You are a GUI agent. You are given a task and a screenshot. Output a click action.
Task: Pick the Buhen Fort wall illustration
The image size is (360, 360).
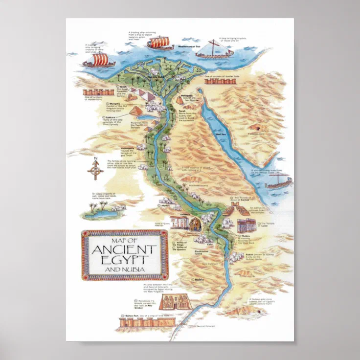(x=147, y=322)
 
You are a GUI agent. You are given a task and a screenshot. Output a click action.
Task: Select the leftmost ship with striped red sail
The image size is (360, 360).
(x=96, y=60)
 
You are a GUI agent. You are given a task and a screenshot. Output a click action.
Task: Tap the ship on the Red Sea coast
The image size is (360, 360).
(x=278, y=183)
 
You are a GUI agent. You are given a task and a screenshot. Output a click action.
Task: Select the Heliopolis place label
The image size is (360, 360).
(x=186, y=95)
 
